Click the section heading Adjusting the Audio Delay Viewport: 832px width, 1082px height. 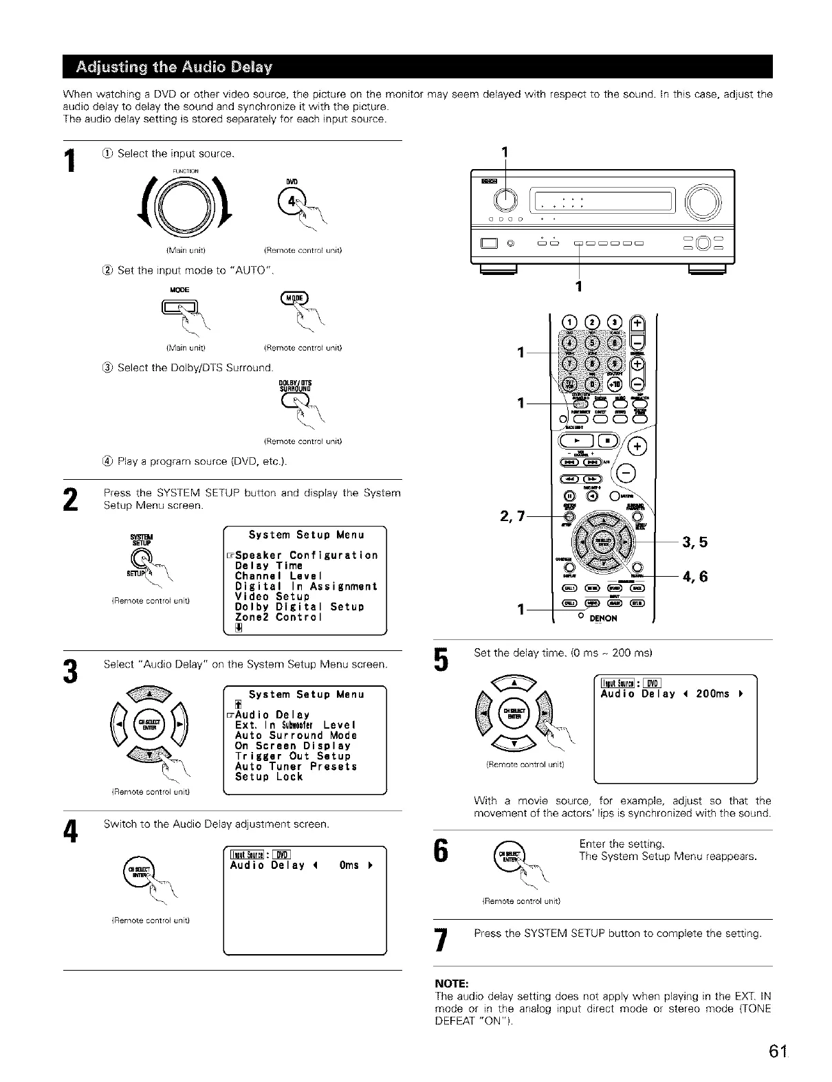175,67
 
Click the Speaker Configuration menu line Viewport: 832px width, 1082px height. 306,555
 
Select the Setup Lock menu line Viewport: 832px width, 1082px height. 269,777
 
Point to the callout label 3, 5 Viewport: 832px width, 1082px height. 694,542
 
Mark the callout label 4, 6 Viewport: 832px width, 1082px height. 694,576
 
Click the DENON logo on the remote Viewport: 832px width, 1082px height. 602,618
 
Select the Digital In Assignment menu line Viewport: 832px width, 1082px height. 306,586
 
